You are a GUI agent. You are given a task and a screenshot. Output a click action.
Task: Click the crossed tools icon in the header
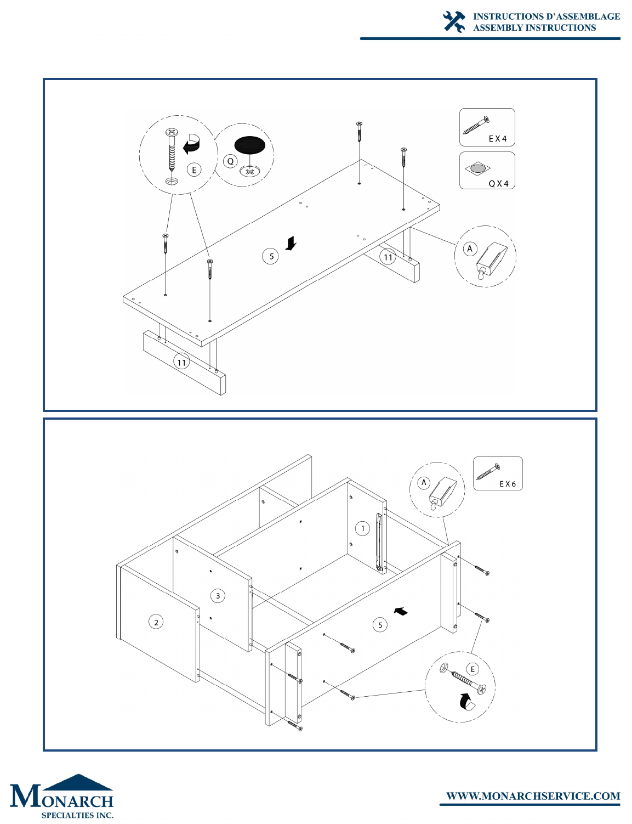(454, 21)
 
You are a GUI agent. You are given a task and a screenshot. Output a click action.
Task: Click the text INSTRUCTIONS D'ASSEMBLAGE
(546, 16)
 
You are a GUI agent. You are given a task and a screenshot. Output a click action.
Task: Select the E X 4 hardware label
(498, 139)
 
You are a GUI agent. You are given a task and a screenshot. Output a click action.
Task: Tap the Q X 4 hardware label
(498, 184)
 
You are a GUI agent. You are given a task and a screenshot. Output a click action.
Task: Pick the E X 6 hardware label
(508, 484)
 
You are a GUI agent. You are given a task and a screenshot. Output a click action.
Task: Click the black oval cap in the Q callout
(250, 145)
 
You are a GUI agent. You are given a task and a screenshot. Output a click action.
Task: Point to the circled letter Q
(230, 161)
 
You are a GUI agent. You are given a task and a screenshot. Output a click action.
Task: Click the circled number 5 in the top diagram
(271, 256)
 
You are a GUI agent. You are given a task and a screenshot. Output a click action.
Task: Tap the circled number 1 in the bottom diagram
(363, 528)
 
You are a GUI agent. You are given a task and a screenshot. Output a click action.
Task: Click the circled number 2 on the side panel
(156, 622)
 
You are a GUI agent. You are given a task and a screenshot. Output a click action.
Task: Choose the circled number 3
(218, 596)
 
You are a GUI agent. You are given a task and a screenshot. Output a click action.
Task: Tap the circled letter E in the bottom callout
(472, 669)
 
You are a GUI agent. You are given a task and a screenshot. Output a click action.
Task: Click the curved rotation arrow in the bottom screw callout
(466, 701)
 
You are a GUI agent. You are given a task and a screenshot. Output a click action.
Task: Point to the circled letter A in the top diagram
(470, 249)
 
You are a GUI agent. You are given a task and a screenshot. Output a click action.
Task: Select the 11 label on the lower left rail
(181, 362)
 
